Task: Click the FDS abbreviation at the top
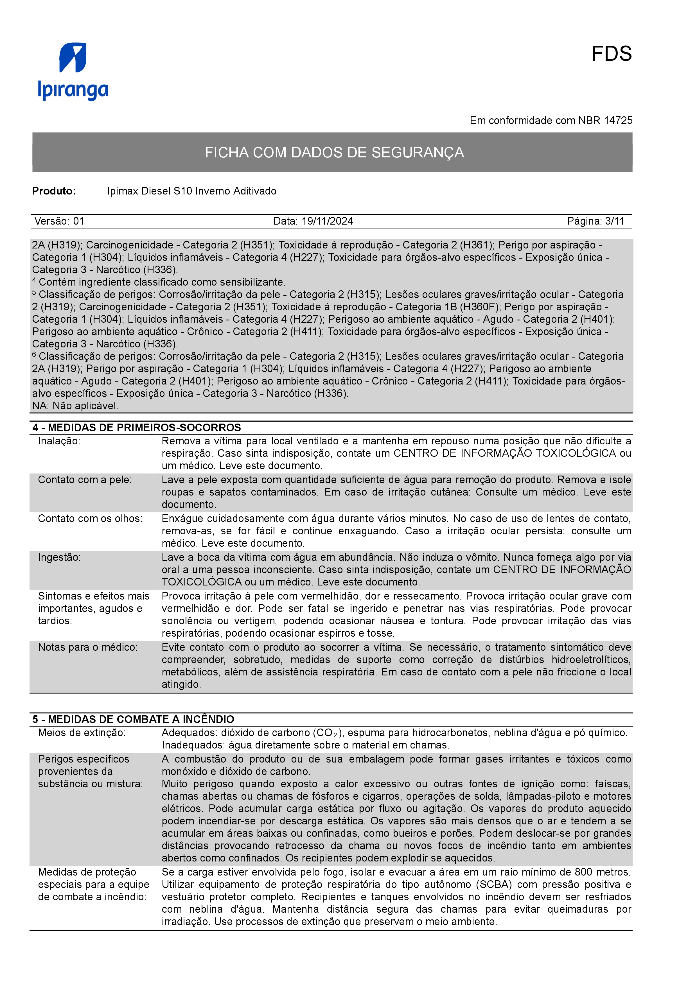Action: click(611, 54)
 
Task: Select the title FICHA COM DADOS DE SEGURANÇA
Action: click(334, 152)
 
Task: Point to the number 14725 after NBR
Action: click(618, 121)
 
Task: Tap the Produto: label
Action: click(54, 191)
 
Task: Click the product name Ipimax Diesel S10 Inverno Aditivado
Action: click(191, 191)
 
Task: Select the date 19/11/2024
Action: click(327, 221)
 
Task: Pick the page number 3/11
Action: click(615, 221)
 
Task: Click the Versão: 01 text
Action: click(59, 221)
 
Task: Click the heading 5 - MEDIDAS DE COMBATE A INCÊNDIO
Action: click(133, 719)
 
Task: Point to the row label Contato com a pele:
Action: click(85, 480)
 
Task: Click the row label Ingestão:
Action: click(59, 557)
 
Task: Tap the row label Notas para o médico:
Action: click(88, 647)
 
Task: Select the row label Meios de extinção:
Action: click(82, 733)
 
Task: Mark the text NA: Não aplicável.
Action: click(75, 406)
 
